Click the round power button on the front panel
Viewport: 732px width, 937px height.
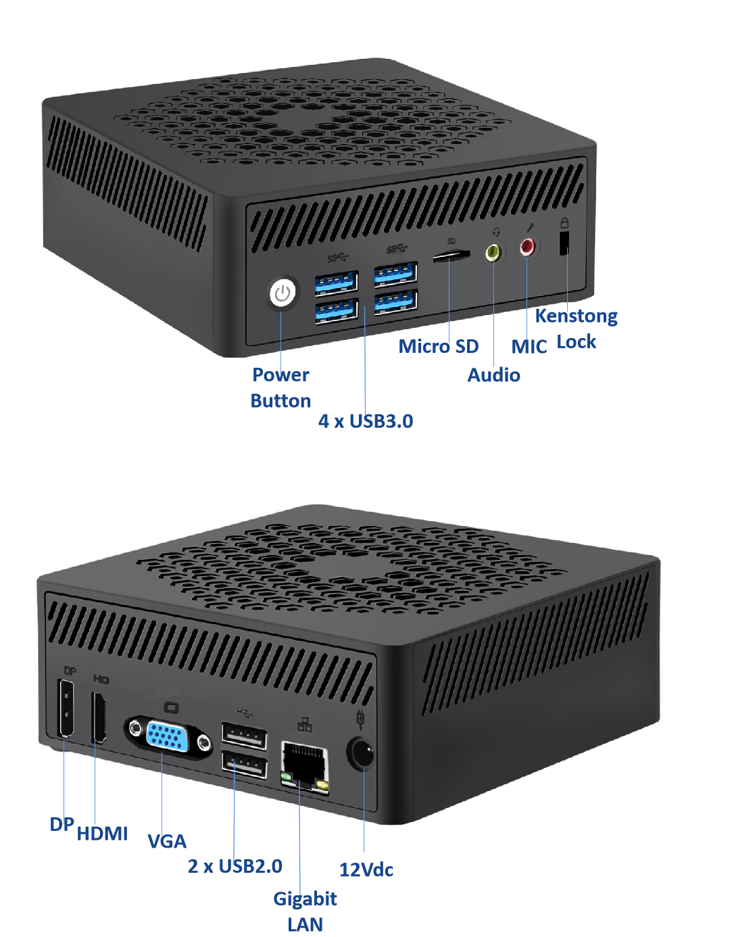pos(283,293)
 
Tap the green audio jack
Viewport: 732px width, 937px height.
pos(494,252)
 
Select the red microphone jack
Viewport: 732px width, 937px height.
pos(527,247)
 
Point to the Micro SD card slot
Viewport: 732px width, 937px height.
pos(452,256)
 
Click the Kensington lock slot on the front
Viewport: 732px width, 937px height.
pos(564,243)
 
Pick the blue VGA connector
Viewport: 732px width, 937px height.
pos(168,736)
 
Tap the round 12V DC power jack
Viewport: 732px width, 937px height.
pos(361,753)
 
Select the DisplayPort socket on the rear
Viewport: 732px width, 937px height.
pos(66,708)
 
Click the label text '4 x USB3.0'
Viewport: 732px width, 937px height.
pos(366,421)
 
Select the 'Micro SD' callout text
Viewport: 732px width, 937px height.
pos(439,346)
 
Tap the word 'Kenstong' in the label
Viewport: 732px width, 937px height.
pos(577,316)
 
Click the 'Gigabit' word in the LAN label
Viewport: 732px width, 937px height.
pos(305,898)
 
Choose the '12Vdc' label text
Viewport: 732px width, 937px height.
pos(366,869)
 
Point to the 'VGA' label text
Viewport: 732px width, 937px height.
pos(167,841)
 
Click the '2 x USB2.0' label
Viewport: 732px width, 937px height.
pos(235,866)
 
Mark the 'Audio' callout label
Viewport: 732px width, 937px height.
pos(494,375)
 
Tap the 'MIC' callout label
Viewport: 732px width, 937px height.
pos(529,347)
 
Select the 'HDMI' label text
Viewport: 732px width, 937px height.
pos(102,834)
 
